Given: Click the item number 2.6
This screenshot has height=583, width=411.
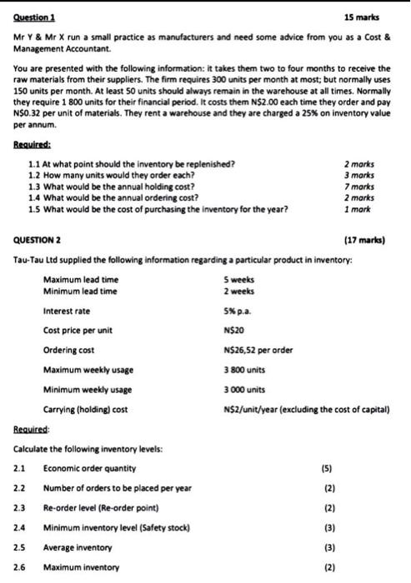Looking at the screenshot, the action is click(x=20, y=568).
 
